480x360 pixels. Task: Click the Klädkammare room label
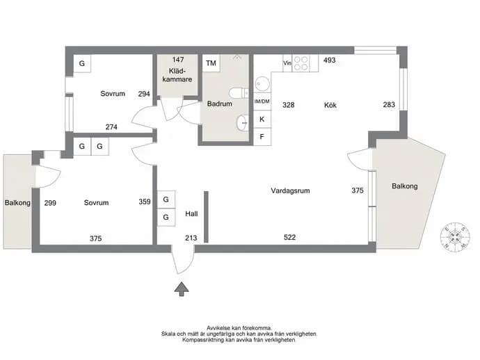pos(177,75)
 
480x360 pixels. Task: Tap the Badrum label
pos(220,104)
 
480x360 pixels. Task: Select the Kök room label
pos(330,105)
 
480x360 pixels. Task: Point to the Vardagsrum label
pos(290,190)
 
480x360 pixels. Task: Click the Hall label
pos(191,214)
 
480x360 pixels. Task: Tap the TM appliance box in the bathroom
pos(211,63)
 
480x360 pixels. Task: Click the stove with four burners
pos(301,63)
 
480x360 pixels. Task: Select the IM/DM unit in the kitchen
pos(262,101)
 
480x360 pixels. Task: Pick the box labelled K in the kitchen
pos(262,120)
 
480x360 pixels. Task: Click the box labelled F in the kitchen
pos(262,137)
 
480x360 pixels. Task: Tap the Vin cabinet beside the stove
pos(287,63)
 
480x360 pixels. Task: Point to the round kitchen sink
pos(262,83)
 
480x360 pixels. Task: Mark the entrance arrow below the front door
pos(182,289)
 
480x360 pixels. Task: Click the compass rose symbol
pos(455,237)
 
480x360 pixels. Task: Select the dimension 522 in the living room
pos(289,237)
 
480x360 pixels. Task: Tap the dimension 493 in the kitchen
pos(329,60)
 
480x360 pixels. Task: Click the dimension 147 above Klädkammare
pos(178,59)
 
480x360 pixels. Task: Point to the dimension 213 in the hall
pos(191,238)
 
